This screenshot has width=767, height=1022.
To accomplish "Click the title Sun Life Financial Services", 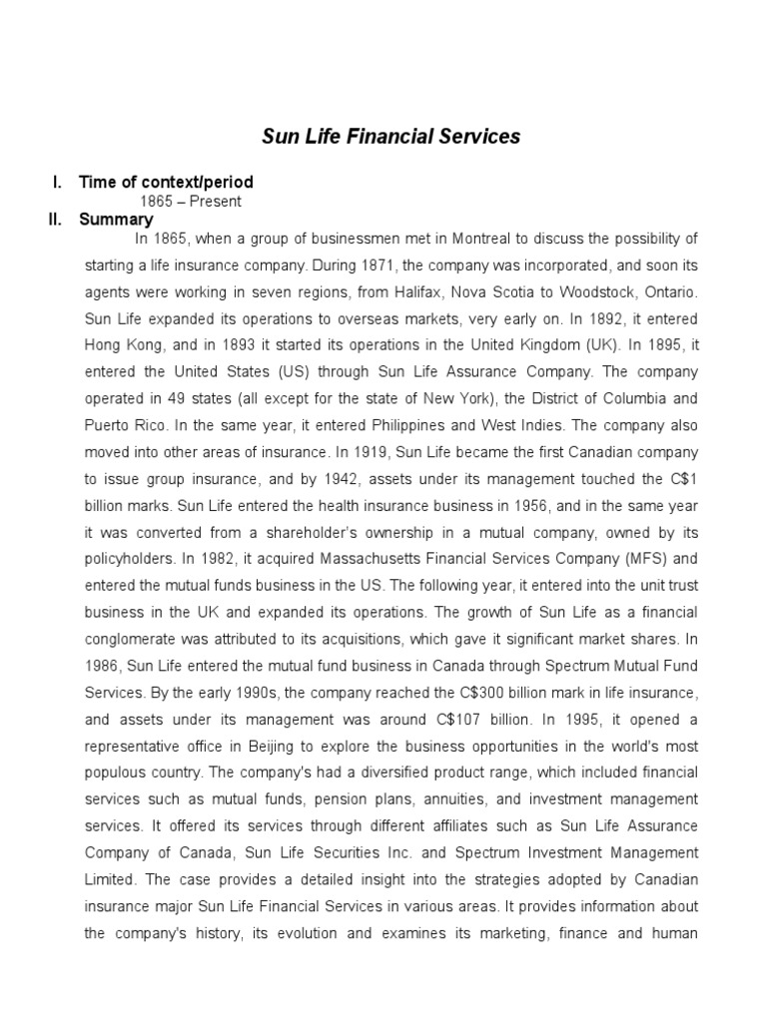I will [x=390, y=136].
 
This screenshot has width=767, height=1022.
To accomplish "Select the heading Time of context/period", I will [x=166, y=182].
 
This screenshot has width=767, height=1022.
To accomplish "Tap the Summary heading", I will [x=116, y=220].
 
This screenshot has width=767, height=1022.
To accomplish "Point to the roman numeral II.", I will [x=56, y=220].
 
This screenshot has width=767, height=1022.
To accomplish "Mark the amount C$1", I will [x=682, y=475].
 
